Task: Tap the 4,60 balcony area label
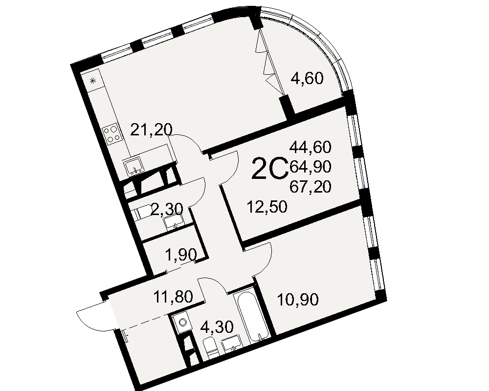[x=307, y=78]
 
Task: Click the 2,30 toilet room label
[x=167, y=210]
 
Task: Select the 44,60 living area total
[x=310, y=147]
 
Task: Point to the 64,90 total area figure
[x=310, y=166]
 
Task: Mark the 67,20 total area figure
[x=310, y=186]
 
